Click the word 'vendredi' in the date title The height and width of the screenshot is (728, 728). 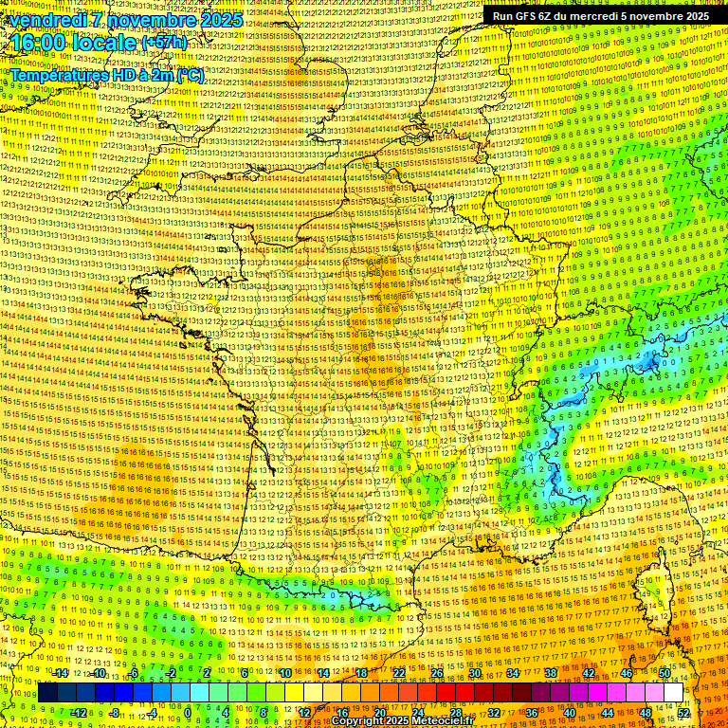point(45,19)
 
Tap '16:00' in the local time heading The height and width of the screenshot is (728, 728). point(37,43)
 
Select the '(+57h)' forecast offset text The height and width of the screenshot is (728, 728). point(164,43)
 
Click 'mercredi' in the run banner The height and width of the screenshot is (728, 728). point(591,15)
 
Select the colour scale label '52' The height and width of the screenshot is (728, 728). point(684,712)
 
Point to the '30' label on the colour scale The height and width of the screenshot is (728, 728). point(475,673)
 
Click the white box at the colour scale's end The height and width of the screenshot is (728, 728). point(673,693)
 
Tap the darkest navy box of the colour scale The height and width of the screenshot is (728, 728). point(47,693)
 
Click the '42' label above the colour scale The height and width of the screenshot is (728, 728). point(589,673)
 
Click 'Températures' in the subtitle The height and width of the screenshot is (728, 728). point(58,75)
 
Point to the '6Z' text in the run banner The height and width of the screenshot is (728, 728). point(547,15)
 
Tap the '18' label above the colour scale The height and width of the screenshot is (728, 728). point(360,673)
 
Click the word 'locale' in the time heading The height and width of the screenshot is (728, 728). point(106,43)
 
